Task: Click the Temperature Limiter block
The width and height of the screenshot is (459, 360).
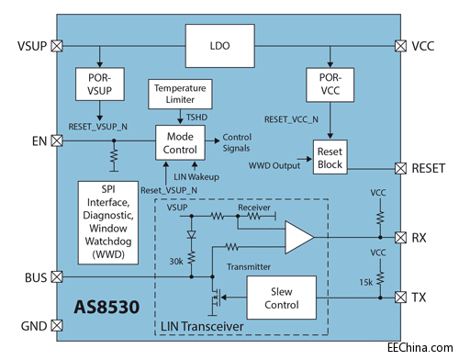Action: pos(180,93)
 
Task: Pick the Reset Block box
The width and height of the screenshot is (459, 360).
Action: pos(329,157)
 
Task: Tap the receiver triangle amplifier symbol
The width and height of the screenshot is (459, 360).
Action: pos(296,237)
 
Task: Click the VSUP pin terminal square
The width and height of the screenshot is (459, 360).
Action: pos(57,44)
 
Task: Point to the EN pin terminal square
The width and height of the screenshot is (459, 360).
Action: pos(57,141)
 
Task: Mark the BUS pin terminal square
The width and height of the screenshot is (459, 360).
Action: pos(57,276)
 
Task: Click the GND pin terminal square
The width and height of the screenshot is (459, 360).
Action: pos(57,325)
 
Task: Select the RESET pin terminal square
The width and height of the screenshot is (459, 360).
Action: pos(399,169)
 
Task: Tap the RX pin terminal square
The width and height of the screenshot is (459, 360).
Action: pos(399,237)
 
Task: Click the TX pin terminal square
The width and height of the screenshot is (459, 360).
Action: pos(399,297)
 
